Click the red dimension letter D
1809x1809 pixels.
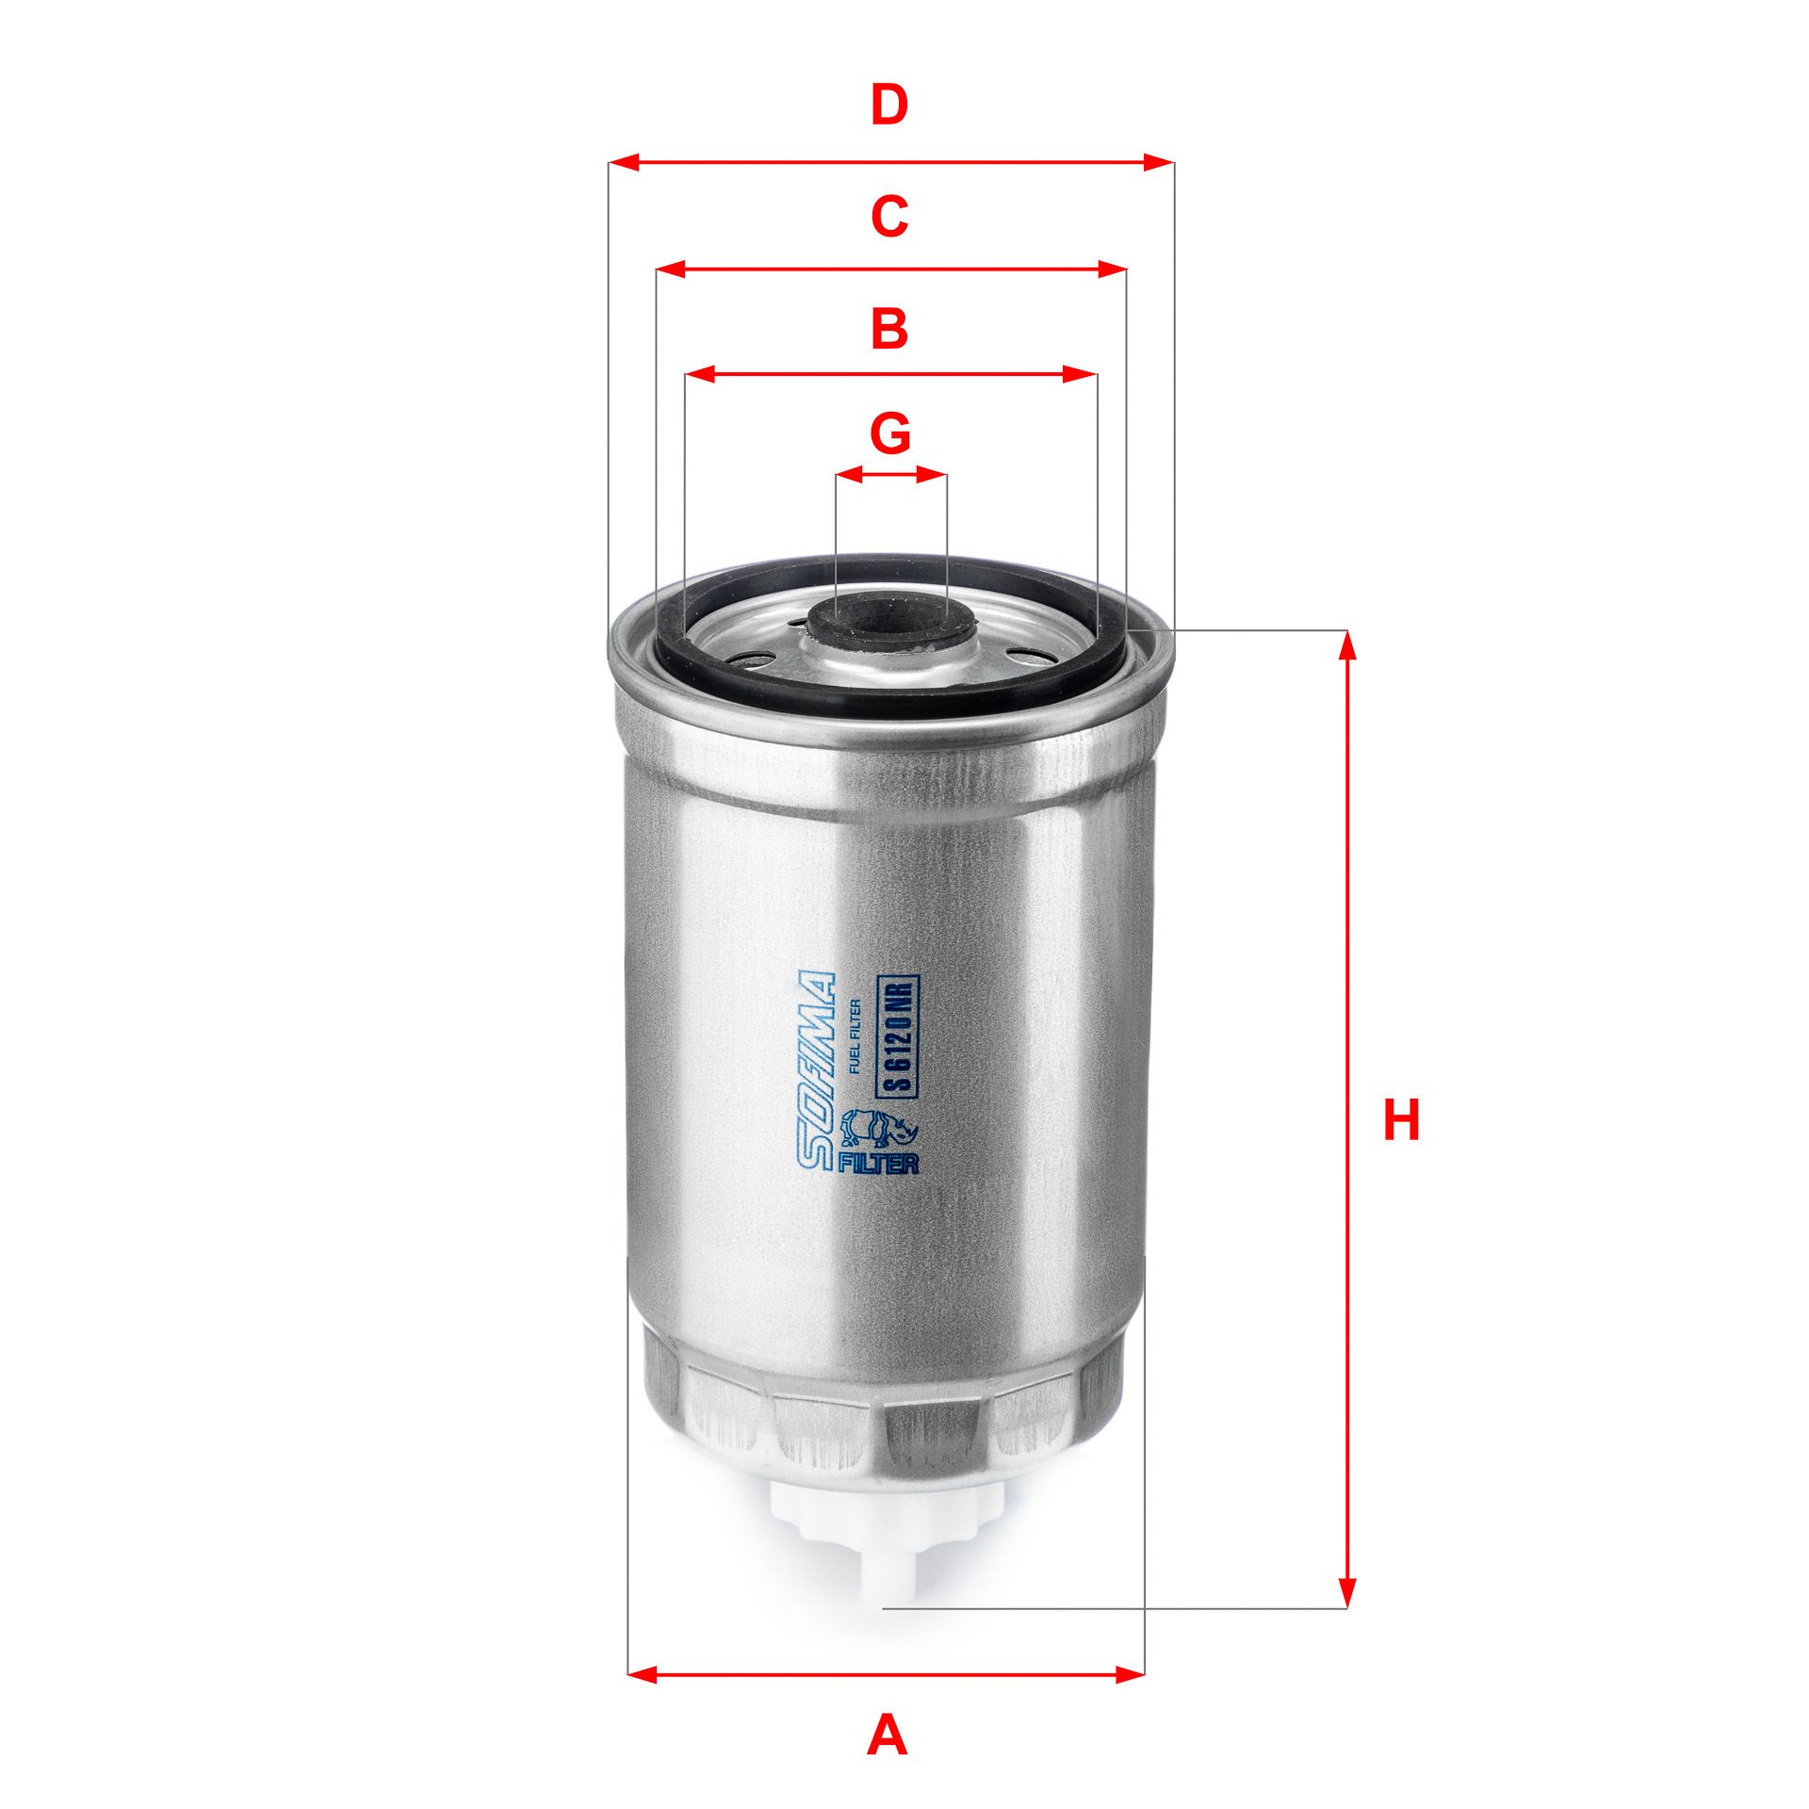(x=889, y=106)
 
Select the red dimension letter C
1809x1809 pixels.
(x=889, y=217)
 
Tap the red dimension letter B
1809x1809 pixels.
(x=889, y=329)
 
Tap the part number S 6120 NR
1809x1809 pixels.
(x=899, y=1035)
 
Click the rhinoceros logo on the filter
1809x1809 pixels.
(x=875, y=1128)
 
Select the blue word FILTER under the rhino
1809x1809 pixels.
(x=877, y=1163)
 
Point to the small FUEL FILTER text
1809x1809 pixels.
(x=856, y=1035)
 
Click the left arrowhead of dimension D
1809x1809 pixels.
(x=625, y=163)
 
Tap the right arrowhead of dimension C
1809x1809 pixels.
(x=1113, y=270)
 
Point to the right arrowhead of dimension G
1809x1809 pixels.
(x=934, y=474)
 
